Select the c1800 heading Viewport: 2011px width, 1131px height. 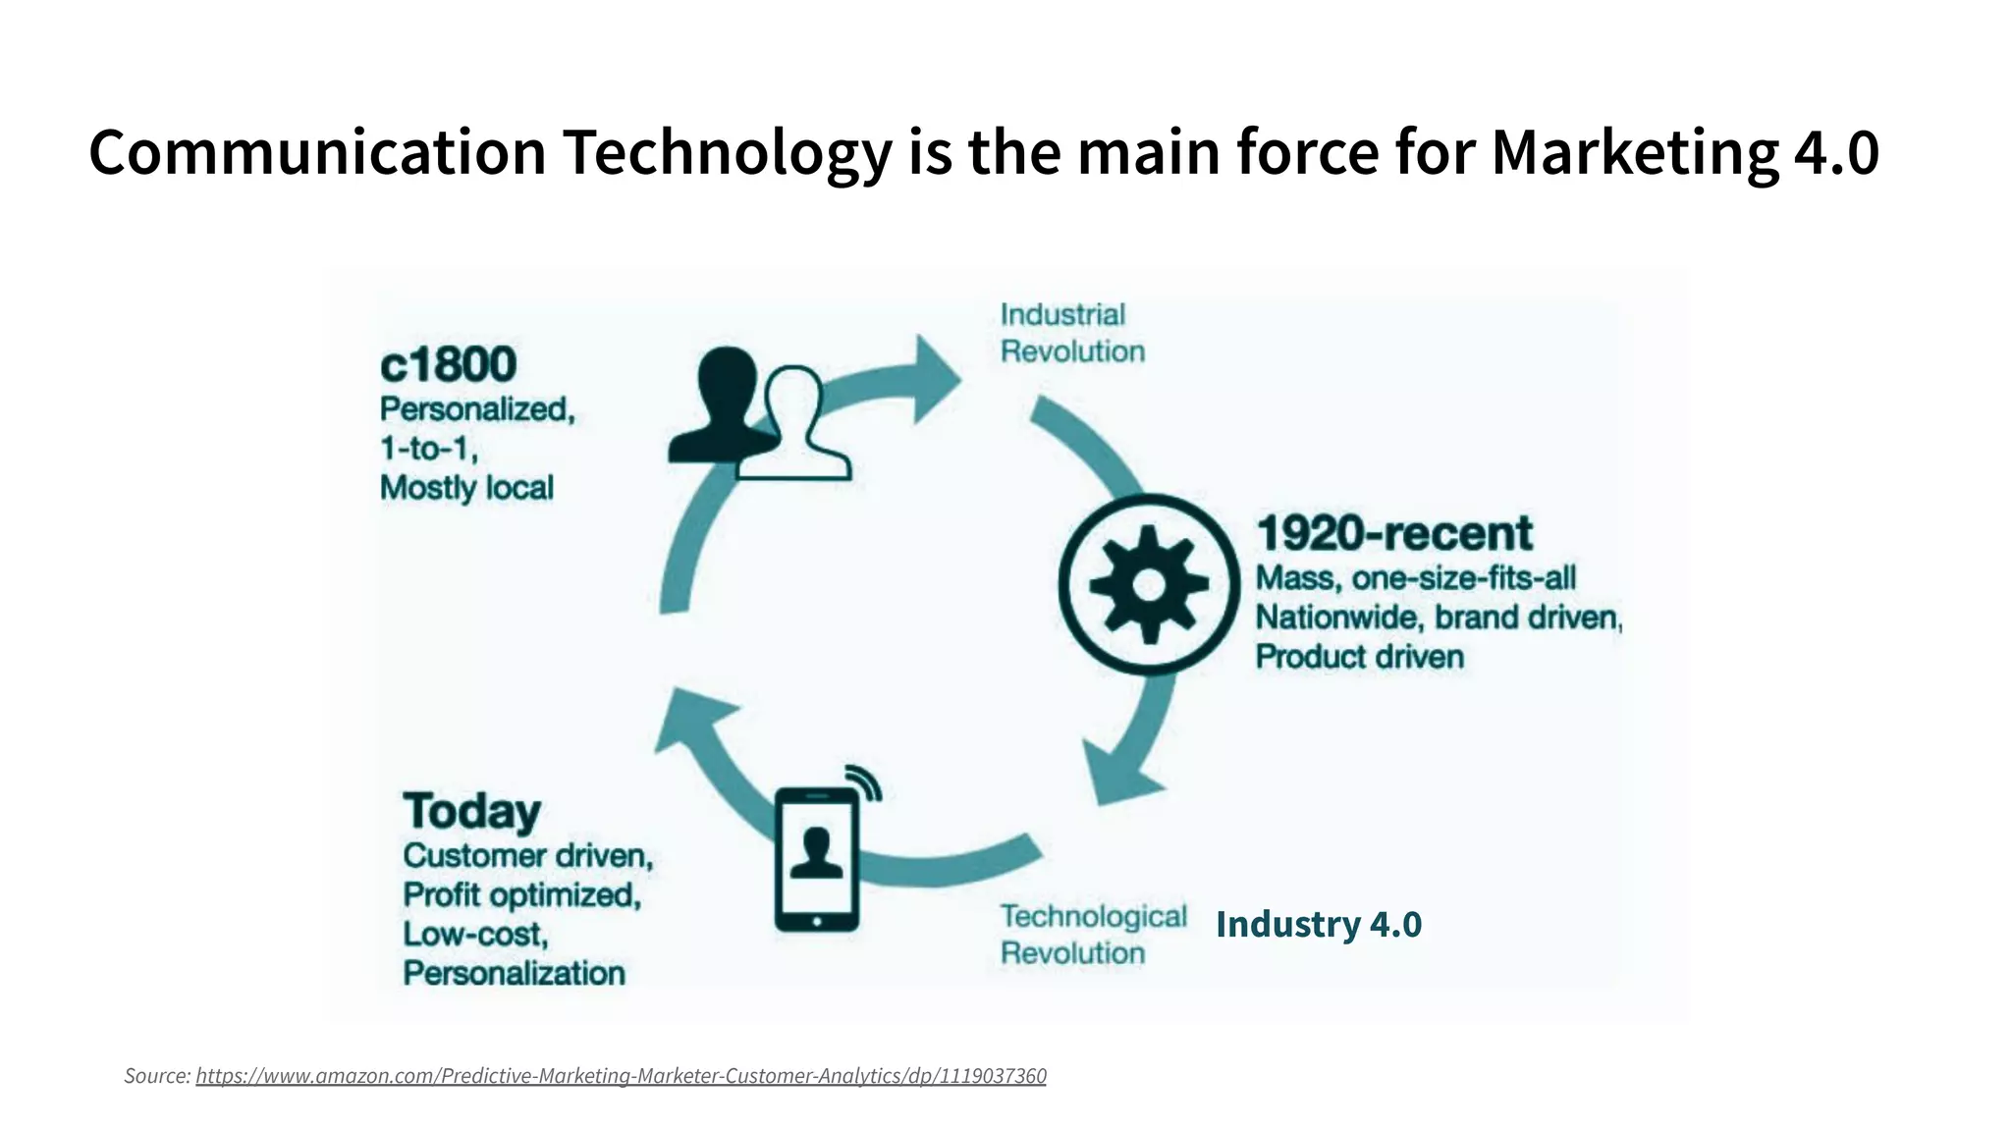tap(448, 364)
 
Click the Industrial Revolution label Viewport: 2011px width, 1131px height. tap(1072, 333)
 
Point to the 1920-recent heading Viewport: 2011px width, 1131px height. tap(1393, 533)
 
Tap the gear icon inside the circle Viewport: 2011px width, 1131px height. tap(1149, 585)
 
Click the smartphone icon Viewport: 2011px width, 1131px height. tap(817, 859)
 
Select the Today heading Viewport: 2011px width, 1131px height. tap(472, 811)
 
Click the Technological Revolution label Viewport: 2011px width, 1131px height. tap(1093, 934)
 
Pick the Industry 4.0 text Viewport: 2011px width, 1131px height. tap(1318, 924)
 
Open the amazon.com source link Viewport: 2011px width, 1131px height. tap(621, 1076)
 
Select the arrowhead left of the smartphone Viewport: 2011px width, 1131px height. tap(692, 722)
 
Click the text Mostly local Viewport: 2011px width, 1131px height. tap(466, 488)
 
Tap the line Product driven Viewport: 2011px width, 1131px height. tap(1359, 657)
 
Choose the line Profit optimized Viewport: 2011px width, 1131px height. tap(521, 895)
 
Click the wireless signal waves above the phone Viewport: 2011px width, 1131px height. tap(866, 781)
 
